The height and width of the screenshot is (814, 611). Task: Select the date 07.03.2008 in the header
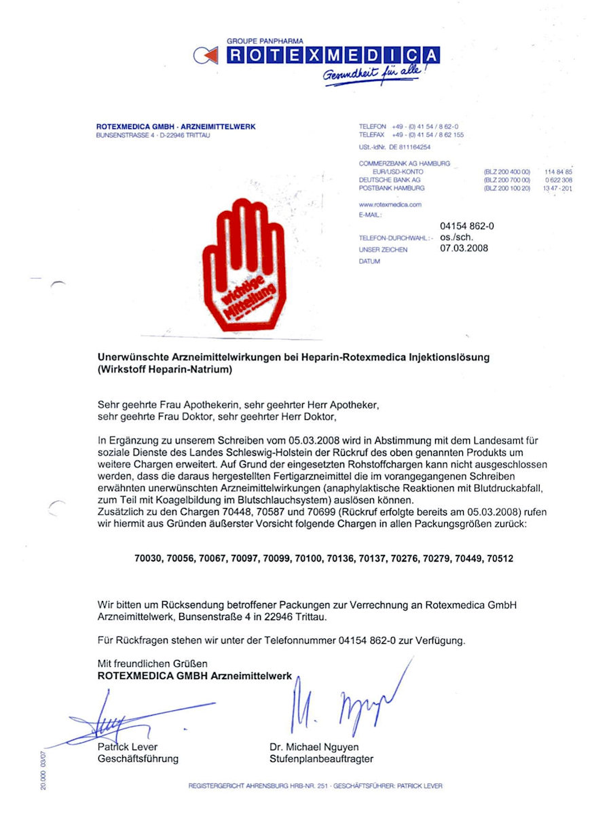464,248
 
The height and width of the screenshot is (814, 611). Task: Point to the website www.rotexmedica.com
390,204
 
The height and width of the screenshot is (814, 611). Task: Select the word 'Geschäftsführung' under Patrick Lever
138,759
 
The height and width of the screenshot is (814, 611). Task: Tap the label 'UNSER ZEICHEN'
383,250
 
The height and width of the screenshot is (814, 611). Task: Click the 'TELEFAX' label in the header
372,135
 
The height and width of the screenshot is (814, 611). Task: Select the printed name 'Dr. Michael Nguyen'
314,748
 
